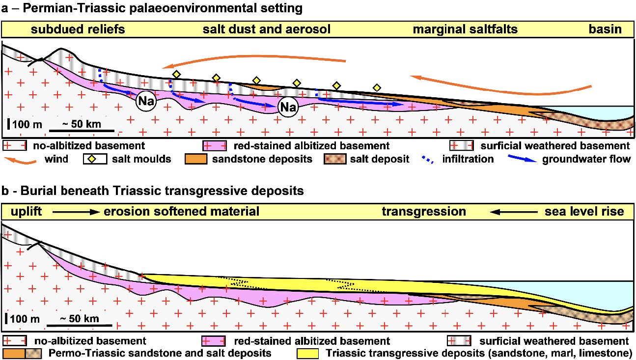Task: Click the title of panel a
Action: (152, 8)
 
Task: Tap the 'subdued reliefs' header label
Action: (78, 29)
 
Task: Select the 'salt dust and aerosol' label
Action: (266, 29)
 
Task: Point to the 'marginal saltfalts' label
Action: (465, 29)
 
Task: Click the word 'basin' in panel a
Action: (605, 29)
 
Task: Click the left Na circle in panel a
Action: (145, 102)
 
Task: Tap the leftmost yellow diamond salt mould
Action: (176, 74)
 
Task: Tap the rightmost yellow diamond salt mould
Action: (377, 87)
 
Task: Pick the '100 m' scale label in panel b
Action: (25, 319)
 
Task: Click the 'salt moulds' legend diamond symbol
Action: (90, 159)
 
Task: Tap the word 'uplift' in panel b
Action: (22, 212)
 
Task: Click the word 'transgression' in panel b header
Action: (424, 212)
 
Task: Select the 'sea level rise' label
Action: (584, 212)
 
